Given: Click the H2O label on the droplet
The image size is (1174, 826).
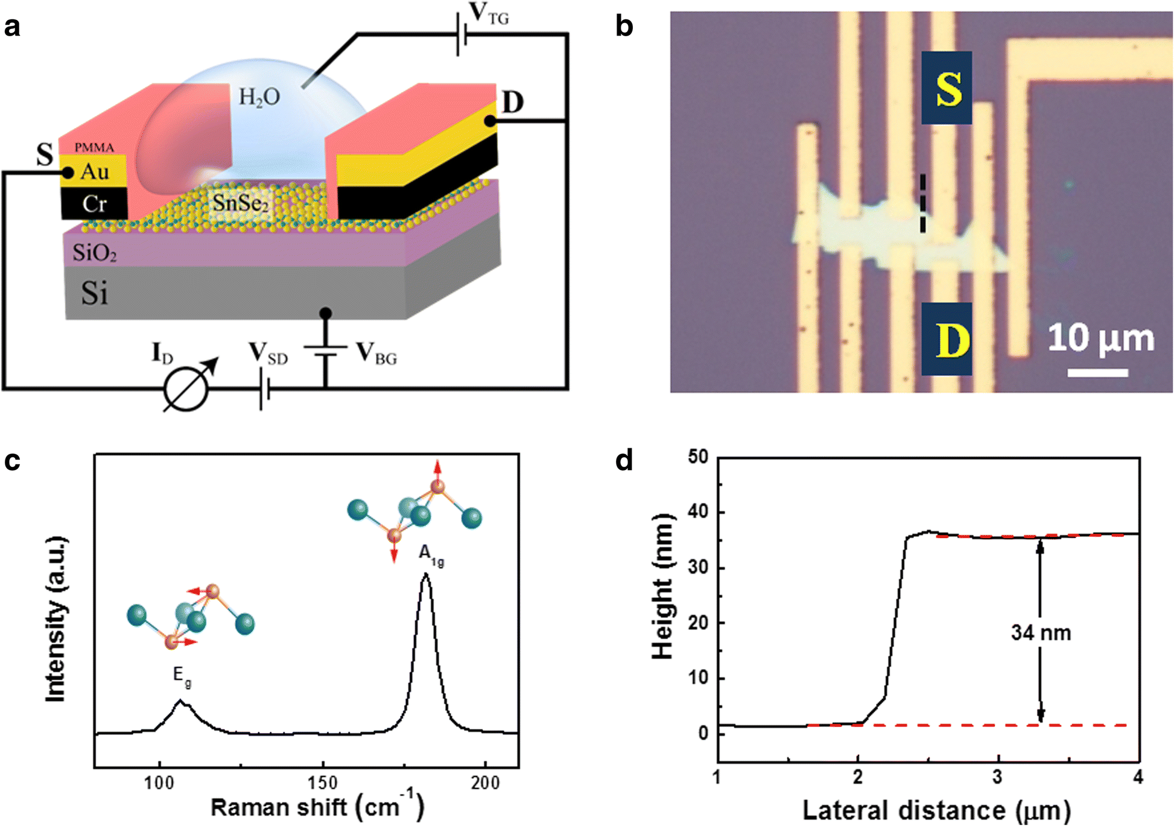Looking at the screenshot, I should [259, 97].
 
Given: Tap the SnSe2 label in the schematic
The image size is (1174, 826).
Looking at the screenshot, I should [240, 203].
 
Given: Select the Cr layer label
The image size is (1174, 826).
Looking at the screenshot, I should [95, 204].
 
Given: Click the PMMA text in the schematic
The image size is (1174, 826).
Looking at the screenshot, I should [94, 147].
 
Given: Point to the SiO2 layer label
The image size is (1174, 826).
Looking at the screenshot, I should [95, 252].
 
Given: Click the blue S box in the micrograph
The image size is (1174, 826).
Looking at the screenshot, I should [946, 88].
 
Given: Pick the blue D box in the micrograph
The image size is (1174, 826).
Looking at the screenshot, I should [946, 339].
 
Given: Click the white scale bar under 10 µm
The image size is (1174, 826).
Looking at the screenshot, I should [1097, 373].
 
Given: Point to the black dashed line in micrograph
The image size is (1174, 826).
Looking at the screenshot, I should [922, 203].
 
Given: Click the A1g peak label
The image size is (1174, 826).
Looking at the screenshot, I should [431, 556].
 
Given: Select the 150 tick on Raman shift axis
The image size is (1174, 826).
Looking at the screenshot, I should [322, 783].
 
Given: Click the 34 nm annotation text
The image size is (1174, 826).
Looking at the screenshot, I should [1041, 632].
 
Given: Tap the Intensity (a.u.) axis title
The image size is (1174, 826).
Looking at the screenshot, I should [56, 619].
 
